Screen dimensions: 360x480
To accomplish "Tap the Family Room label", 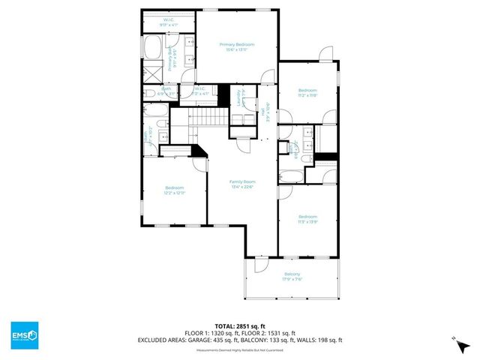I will [242, 184].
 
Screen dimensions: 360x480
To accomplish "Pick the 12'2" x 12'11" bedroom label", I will [175, 190].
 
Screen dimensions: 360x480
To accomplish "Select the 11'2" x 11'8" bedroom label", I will [309, 91].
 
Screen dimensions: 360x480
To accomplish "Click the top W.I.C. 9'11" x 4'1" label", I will [169, 22].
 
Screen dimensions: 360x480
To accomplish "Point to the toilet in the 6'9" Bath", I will [149, 93].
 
